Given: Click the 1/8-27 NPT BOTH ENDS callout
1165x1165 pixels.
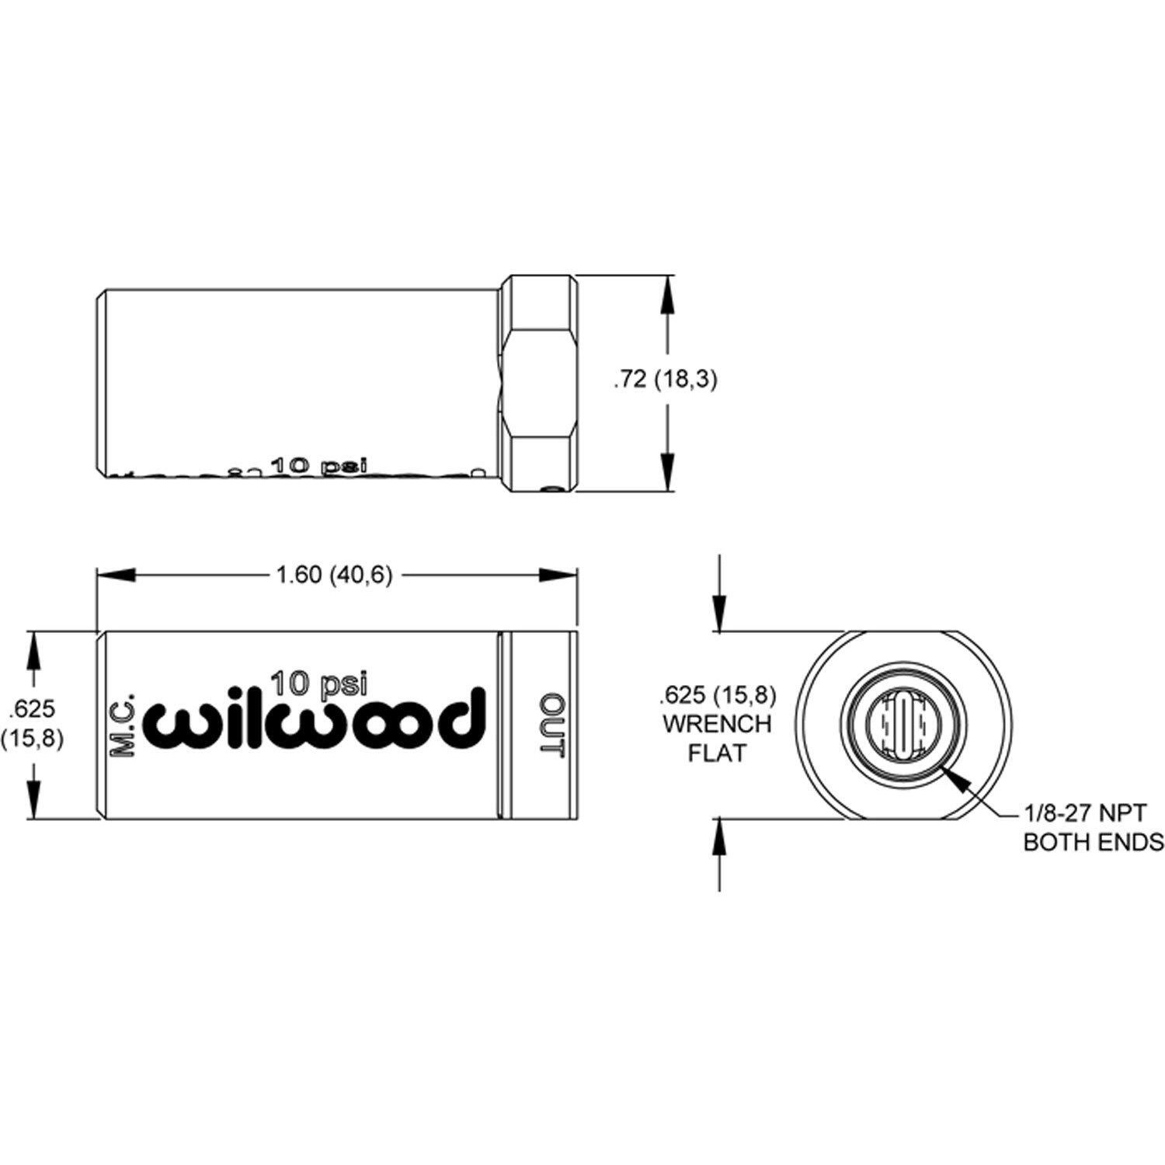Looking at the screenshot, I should click(1094, 828).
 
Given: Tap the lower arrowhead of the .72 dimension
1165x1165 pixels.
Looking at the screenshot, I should click(669, 471).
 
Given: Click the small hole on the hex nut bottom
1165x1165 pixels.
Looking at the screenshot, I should click(552, 489).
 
